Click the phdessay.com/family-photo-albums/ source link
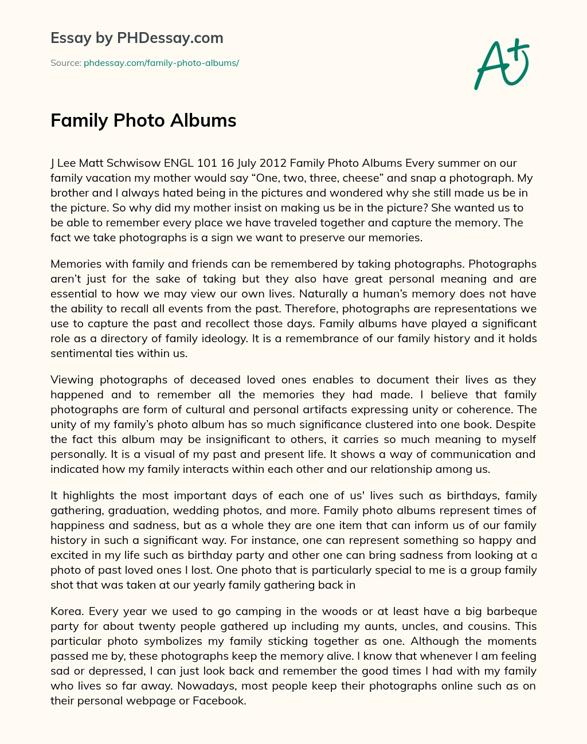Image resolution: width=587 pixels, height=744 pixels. coord(161,63)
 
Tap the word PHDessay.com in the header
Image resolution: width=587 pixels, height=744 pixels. coord(170,38)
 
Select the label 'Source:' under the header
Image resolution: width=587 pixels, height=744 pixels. coord(65,63)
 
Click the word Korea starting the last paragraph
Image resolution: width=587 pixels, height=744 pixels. coord(65,611)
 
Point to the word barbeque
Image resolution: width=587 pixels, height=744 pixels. coord(512,611)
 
